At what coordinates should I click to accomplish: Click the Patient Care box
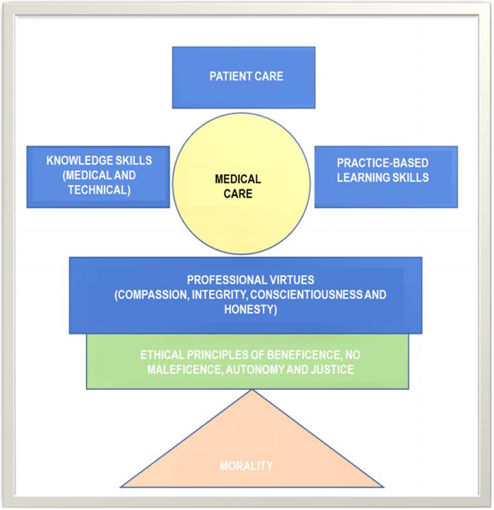pyautogui.click(x=244, y=77)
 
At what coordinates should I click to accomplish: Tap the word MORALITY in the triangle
pyautogui.click(x=246, y=466)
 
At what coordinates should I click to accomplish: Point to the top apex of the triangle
pyautogui.click(x=252, y=391)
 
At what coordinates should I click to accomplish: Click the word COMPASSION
pyautogui.click(x=149, y=295)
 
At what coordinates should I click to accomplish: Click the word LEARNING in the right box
pyautogui.click(x=362, y=177)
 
